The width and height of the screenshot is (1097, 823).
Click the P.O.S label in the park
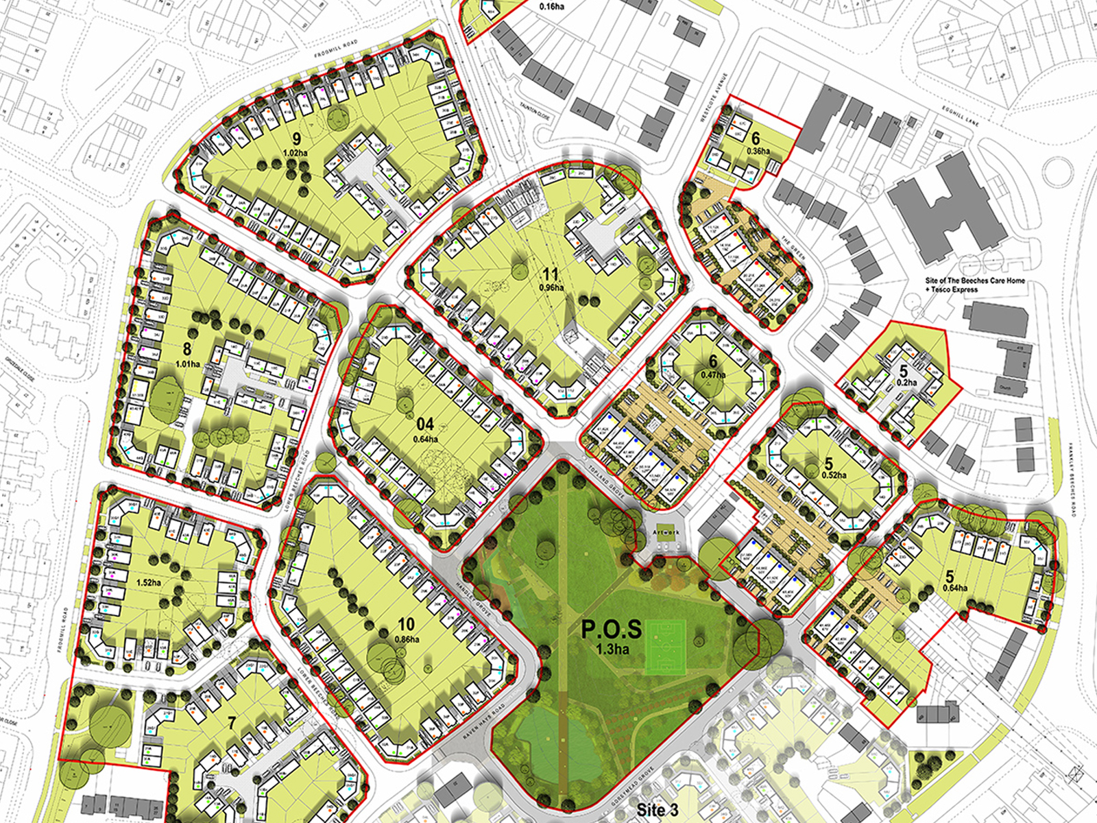pyautogui.click(x=612, y=629)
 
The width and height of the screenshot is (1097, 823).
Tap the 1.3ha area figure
pyautogui.click(x=612, y=649)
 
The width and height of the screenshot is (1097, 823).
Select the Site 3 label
pyautogui.click(x=658, y=809)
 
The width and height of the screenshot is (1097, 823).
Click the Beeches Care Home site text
pyautogui.click(x=974, y=285)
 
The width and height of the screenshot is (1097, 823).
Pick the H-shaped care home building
pyautogui.click(x=946, y=206)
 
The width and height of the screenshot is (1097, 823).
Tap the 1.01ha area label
pyautogui.click(x=187, y=364)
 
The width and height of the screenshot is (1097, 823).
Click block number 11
pyautogui.click(x=550, y=276)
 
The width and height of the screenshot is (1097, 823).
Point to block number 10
pyautogui.click(x=406, y=624)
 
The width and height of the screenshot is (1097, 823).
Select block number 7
pyautogui.click(x=232, y=723)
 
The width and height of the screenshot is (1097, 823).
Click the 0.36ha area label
pyautogui.click(x=758, y=152)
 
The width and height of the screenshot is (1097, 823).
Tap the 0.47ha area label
pyautogui.click(x=713, y=375)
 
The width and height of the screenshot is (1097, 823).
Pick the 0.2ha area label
pyautogui.click(x=906, y=383)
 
